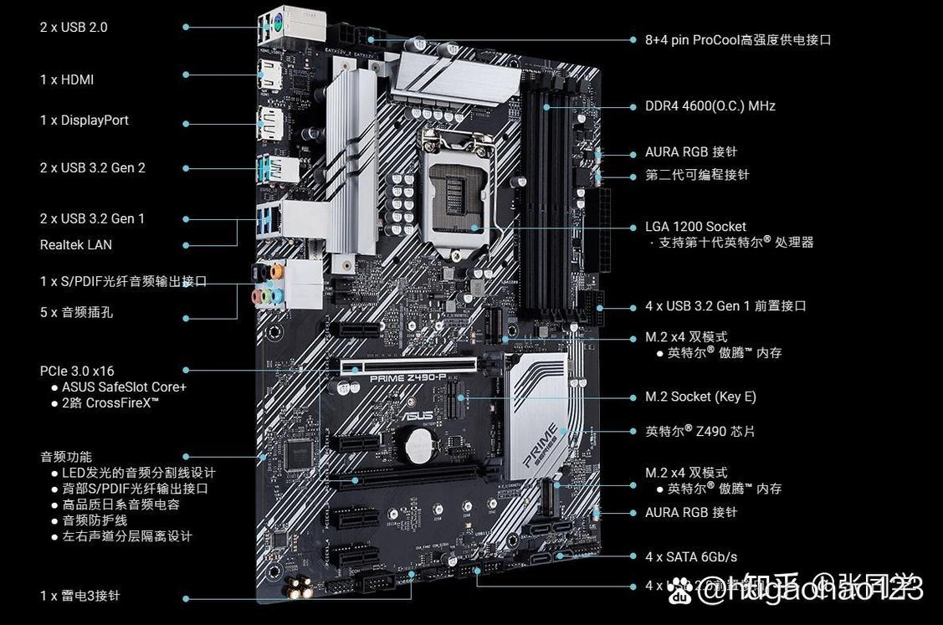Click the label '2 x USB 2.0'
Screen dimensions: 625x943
74,27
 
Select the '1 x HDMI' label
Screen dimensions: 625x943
67,79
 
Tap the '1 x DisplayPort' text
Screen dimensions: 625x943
85,120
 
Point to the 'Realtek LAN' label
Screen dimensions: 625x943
75,244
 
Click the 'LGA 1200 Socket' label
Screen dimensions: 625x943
695,226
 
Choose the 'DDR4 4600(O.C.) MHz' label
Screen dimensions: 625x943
710,105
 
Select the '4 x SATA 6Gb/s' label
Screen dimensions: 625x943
690,556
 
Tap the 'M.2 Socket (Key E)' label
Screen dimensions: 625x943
700,397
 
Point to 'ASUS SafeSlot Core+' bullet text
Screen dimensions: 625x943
124,387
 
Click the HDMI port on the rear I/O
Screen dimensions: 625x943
269,75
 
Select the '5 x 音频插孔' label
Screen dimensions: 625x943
76,312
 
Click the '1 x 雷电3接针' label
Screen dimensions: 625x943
79,596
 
